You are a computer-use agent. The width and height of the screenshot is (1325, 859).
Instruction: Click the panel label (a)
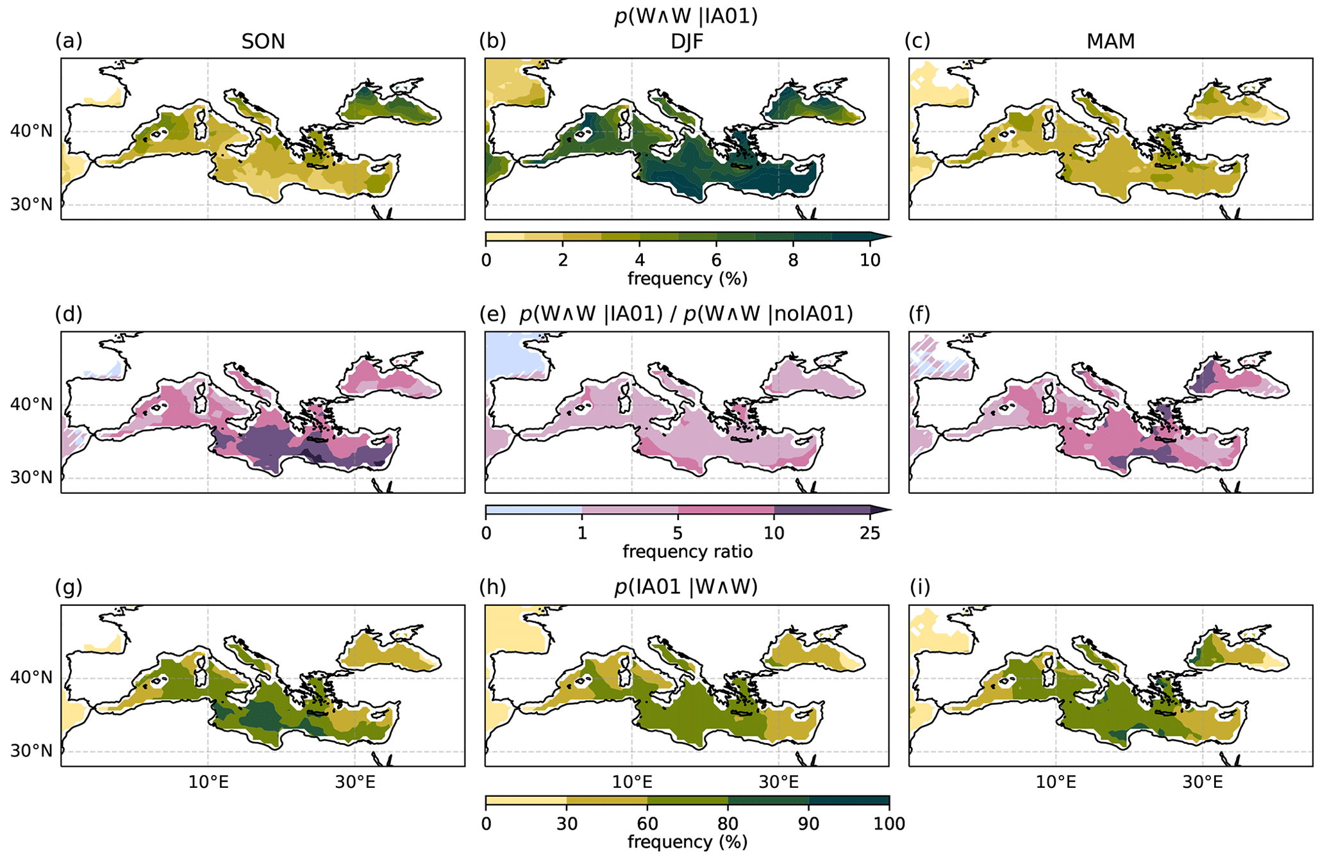[69, 41]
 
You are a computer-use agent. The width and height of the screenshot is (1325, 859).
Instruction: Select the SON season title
[263, 42]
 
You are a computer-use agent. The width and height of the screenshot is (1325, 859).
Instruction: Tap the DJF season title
[687, 42]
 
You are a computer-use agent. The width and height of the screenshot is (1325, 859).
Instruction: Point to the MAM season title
[1110, 42]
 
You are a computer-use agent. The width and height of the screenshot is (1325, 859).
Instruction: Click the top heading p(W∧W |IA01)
[686, 16]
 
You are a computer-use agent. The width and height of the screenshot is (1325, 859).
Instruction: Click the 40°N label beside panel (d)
[31, 405]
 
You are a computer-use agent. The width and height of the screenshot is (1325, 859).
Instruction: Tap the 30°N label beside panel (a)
[31, 205]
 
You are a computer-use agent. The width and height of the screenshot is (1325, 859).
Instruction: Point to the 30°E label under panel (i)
[1203, 782]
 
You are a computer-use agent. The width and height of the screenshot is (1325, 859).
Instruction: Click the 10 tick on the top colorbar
[870, 260]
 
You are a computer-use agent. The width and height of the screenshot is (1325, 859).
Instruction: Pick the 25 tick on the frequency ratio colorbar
[870, 533]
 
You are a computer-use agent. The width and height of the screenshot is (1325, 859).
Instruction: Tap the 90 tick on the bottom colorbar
[808, 823]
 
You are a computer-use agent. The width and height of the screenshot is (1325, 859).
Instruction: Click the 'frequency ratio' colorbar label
[687, 552]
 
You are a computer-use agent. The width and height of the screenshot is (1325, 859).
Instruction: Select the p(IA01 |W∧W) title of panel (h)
[686, 587]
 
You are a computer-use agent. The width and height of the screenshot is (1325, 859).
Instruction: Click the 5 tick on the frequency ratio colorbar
[678, 533]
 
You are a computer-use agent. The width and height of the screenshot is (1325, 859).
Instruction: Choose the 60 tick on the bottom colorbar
[647, 823]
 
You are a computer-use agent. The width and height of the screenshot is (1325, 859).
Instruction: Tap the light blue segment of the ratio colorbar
[534, 511]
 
